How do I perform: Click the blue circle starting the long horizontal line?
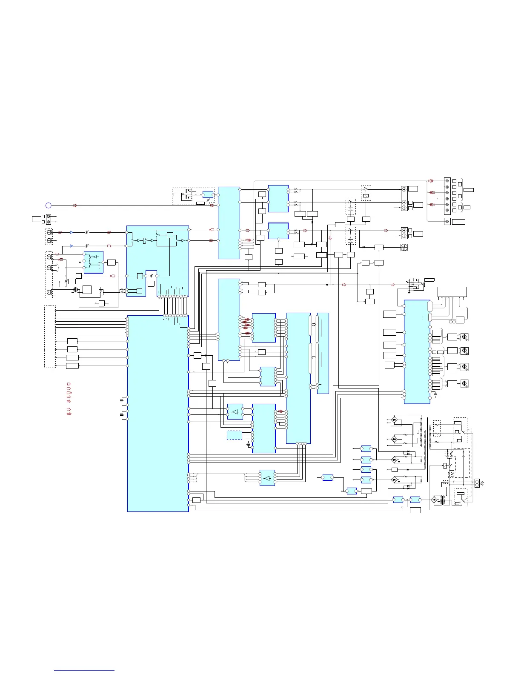point(49,206)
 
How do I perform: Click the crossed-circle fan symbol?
point(404,247)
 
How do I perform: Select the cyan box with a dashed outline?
point(234,435)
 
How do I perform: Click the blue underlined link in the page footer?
point(84,671)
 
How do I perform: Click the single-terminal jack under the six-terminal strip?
point(447,222)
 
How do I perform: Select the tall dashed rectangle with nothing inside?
point(50,336)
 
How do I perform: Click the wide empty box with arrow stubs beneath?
point(452,292)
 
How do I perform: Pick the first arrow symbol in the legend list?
point(69,384)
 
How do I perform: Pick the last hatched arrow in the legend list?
point(69,413)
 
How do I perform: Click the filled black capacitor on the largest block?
point(122,400)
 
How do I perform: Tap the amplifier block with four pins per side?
point(267,478)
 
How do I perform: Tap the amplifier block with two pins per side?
point(235,411)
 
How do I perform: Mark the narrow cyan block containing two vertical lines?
point(323,353)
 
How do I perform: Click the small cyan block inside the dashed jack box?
point(208,194)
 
